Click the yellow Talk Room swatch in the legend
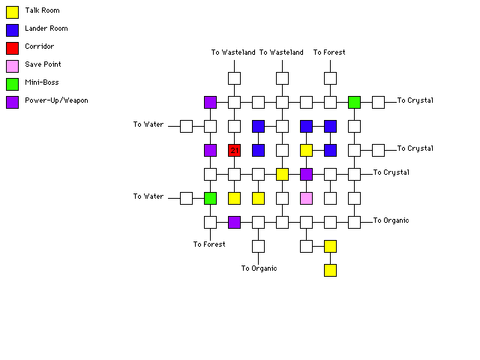click(12, 11)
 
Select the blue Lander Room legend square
click(12, 29)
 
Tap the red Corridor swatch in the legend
click(12, 47)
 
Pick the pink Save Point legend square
click(12, 65)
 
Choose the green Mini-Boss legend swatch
click(12, 83)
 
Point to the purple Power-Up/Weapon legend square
click(12, 101)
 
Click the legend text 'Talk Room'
click(42, 10)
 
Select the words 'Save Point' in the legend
click(43, 64)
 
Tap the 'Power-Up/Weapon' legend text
click(56, 100)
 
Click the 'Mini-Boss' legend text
click(41, 82)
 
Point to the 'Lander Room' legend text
click(46, 28)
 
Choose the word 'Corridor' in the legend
click(39, 46)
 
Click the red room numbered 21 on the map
click(234, 150)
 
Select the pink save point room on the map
click(306, 198)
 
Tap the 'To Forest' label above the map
click(329, 52)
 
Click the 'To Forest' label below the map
click(209, 244)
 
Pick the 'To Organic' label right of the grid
click(392, 220)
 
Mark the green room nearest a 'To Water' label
click(210, 198)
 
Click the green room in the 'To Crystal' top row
click(354, 102)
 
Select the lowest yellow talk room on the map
click(330, 270)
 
